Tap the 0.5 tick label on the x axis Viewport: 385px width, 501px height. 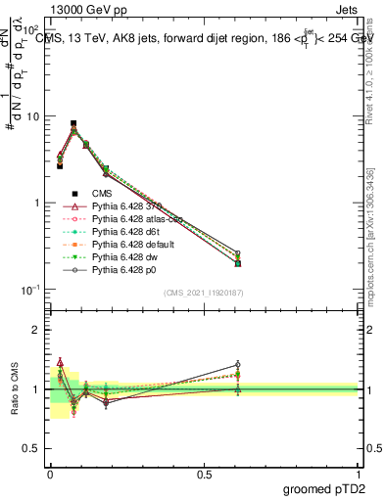pos(204,474)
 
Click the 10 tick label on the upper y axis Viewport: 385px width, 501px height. pos(33,116)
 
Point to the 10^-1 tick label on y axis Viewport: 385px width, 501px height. pos(30,290)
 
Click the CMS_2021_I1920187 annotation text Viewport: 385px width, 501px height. pos(204,293)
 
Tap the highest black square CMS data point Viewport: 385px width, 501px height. pos(73,124)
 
